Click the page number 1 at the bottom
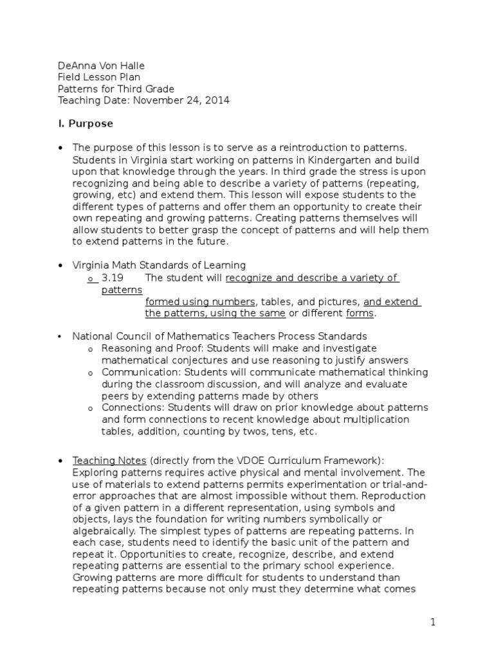click(x=434, y=622)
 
